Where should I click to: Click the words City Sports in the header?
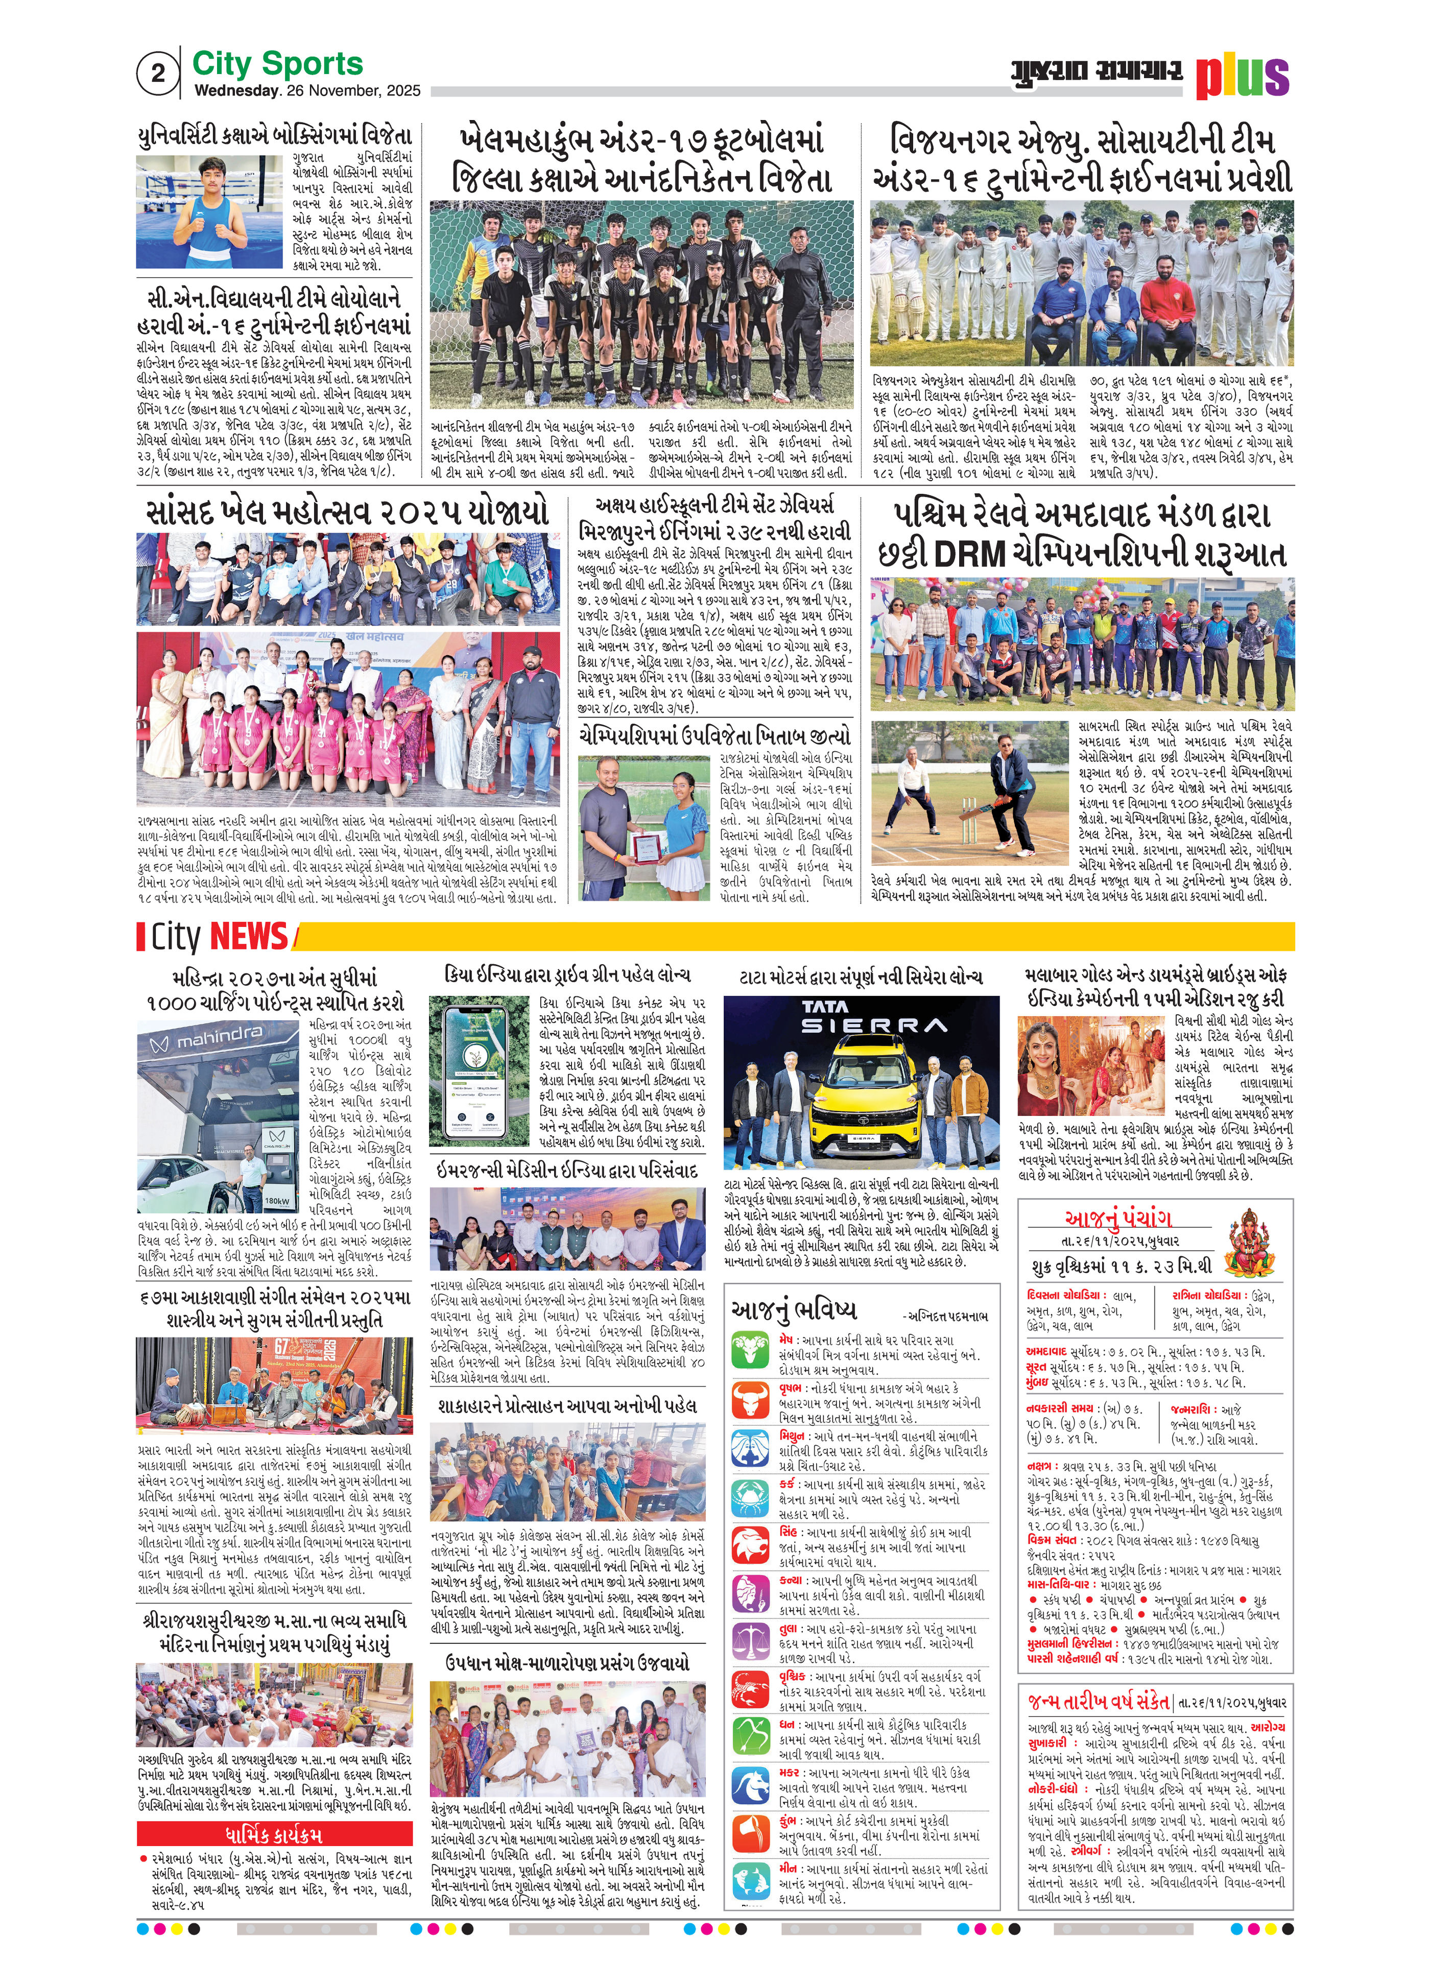pos(277,64)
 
